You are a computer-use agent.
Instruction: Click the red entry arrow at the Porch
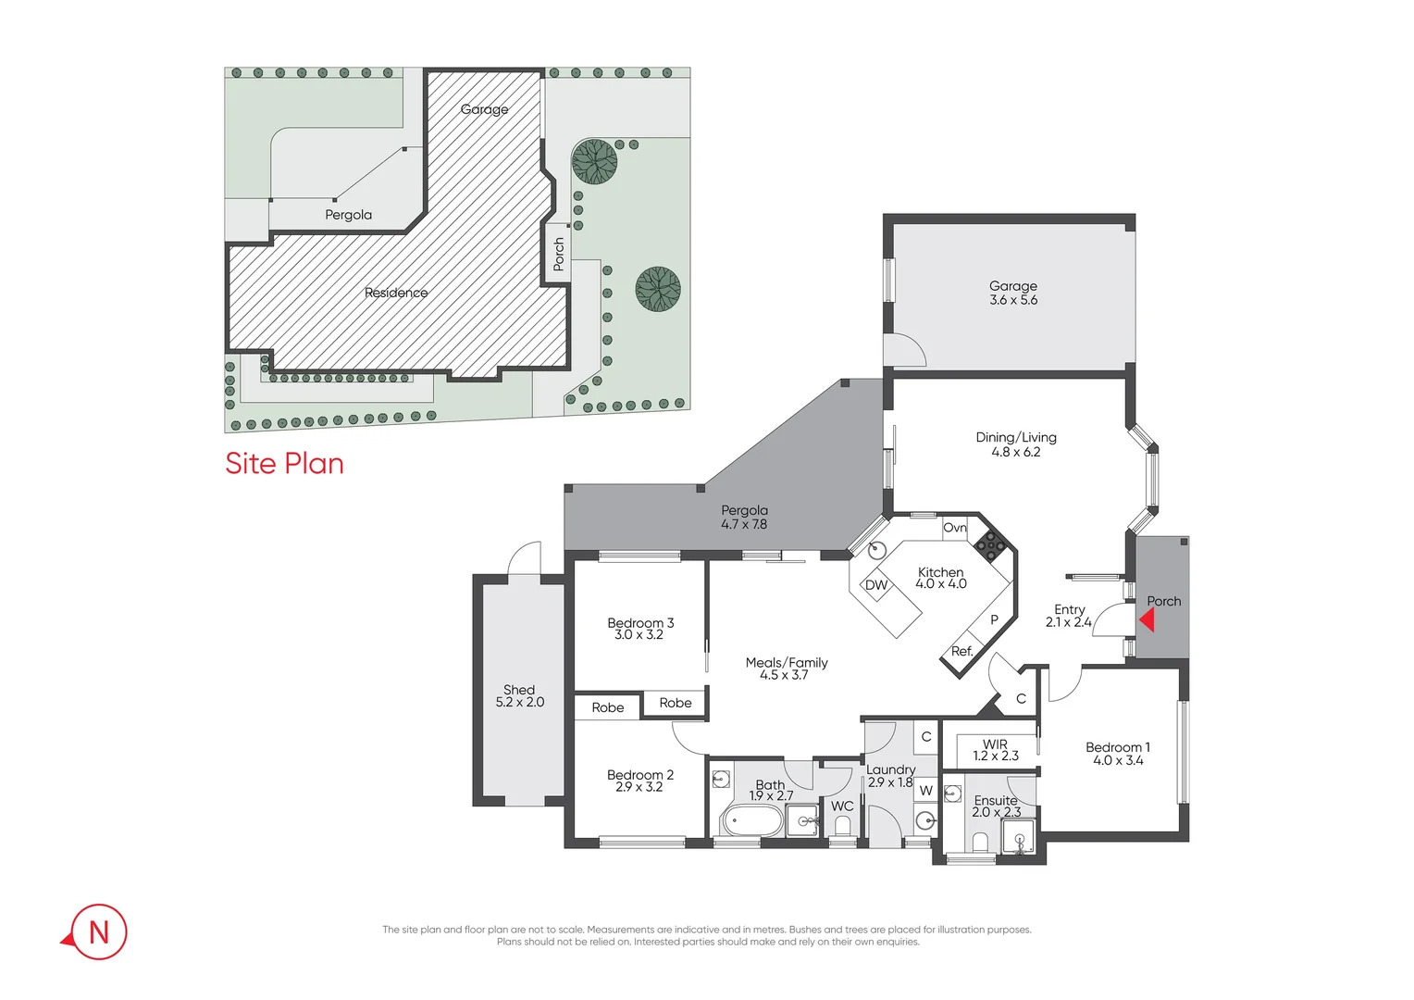pyautogui.click(x=1147, y=619)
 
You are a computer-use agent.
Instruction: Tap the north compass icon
pyautogui.click(x=97, y=931)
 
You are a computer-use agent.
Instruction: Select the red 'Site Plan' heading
pyautogui.click(x=284, y=463)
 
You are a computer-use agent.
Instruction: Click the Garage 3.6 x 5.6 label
pyautogui.click(x=1013, y=293)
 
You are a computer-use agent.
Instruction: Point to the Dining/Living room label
pyautogui.click(x=1016, y=444)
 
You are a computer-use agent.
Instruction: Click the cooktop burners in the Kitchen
pyautogui.click(x=989, y=545)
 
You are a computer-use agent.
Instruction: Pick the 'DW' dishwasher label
pyautogui.click(x=875, y=585)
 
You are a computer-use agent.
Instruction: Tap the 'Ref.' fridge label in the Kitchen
pyautogui.click(x=961, y=651)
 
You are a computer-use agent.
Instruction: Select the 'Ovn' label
pyautogui.click(x=954, y=528)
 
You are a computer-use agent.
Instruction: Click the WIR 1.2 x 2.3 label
pyautogui.click(x=995, y=750)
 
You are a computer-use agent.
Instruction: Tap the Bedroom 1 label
pyautogui.click(x=1118, y=754)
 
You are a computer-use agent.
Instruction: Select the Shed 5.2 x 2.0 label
pyautogui.click(x=519, y=696)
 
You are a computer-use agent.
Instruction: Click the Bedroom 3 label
pyautogui.click(x=640, y=629)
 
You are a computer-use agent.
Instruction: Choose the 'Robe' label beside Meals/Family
pyautogui.click(x=676, y=703)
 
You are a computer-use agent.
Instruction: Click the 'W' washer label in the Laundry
pyautogui.click(x=925, y=790)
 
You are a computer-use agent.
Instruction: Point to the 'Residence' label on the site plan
pyautogui.click(x=396, y=293)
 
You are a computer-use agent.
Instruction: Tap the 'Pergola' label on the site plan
pyautogui.click(x=348, y=215)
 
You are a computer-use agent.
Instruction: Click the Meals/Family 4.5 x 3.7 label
pyautogui.click(x=786, y=669)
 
